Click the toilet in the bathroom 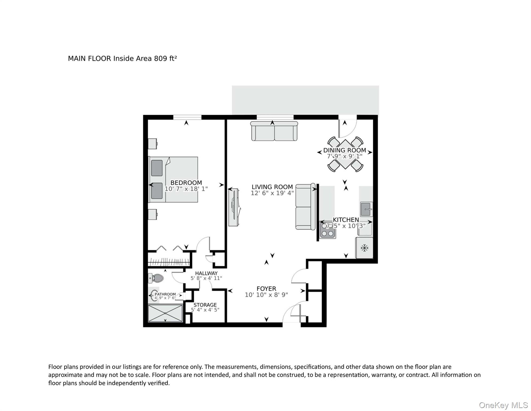pos(156,278)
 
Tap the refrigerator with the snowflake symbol pos(364,248)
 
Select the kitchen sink pos(366,209)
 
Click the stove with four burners pos(328,230)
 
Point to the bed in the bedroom pos(174,179)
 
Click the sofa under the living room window pos(274,131)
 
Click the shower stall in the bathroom pos(165,313)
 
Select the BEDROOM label pos(186,183)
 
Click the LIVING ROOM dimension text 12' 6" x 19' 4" pos(272,193)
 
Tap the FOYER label pos(266,289)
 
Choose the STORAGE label pos(205,305)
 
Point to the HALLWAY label pos(206,273)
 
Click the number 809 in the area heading pos(161,59)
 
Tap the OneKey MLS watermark pos(503,405)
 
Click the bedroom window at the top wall pos(187,117)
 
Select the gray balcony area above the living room pos(305,100)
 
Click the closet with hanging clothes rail pos(169,262)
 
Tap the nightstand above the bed pos(153,143)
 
